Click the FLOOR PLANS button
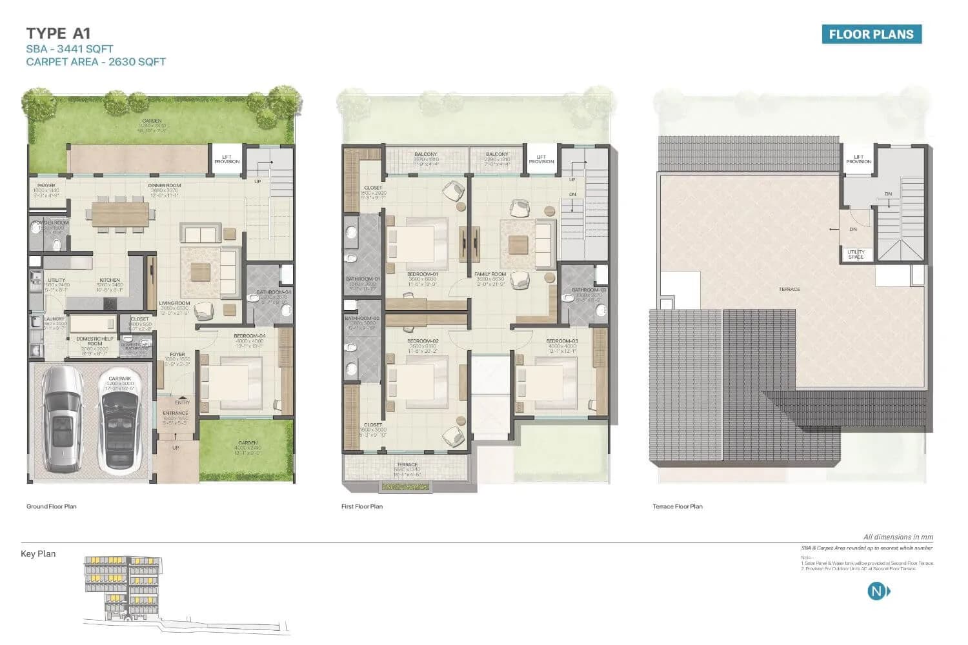point(871,35)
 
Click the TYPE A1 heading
point(57,34)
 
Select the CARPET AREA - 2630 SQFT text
point(96,62)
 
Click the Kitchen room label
point(110,281)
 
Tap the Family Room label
point(490,275)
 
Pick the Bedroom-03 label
point(561,341)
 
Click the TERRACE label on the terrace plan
point(789,289)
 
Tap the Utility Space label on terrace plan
point(856,254)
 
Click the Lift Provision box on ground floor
point(227,159)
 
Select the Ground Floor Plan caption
point(52,506)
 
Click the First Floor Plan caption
point(362,506)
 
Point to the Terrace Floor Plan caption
point(678,506)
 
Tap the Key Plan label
point(38,553)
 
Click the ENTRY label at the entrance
point(183,402)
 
